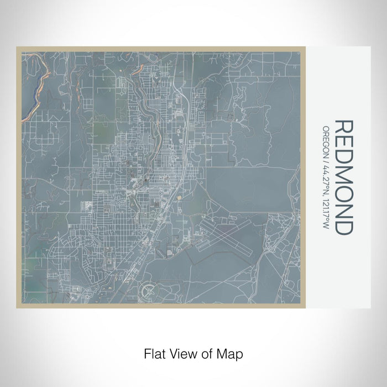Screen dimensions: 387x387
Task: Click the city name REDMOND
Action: (x=343, y=177)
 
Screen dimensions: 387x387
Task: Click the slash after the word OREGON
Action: (x=326, y=160)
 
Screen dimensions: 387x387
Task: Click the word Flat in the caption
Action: (x=153, y=353)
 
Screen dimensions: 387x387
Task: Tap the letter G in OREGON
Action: (x=326, y=142)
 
